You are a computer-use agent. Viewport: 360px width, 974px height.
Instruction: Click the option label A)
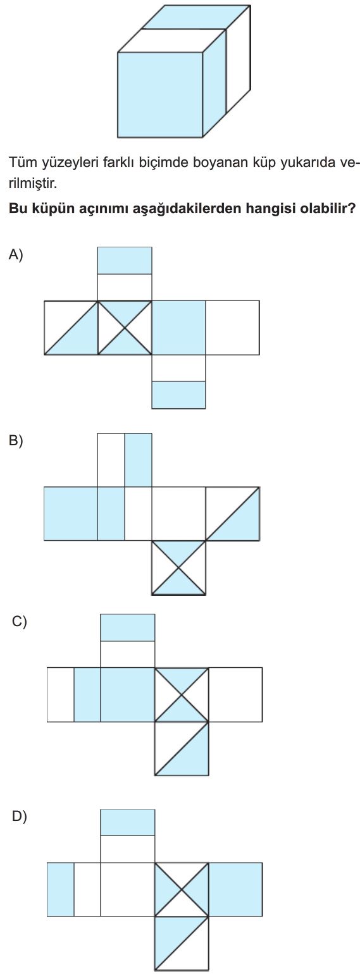click(15, 254)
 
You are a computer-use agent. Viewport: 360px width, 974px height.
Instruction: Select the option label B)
click(15, 441)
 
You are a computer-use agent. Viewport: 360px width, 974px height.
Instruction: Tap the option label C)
click(19, 622)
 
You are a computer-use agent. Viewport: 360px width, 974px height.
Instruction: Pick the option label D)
click(19, 817)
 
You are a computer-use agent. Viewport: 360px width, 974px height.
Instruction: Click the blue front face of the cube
click(161, 95)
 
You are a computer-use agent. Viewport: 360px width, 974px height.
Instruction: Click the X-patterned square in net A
click(125, 328)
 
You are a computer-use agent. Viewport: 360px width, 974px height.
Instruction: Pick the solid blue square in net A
click(178, 328)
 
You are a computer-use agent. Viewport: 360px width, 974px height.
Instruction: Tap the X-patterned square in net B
click(178, 568)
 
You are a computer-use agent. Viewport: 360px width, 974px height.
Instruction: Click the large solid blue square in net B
click(71, 514)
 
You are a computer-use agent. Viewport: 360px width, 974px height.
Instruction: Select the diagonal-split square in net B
click(233, 514)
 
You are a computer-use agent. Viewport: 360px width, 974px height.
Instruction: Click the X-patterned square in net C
click(182, 694)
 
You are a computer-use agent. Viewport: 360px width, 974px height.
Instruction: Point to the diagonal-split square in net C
click(182, 749)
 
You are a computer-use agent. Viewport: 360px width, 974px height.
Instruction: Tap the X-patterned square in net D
click(182, 890)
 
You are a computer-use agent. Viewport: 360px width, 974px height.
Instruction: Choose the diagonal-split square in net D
click(182, 944)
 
